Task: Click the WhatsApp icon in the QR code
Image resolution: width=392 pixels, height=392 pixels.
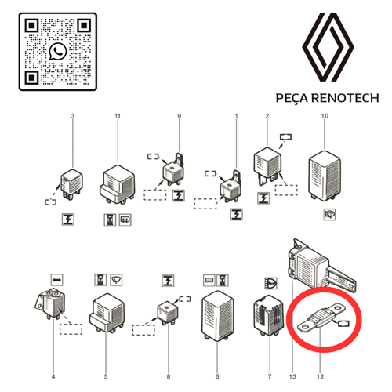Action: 58,52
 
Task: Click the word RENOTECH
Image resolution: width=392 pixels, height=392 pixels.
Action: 345,98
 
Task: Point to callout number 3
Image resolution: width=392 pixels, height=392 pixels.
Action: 73,116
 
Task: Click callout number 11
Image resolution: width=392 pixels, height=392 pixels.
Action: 118,116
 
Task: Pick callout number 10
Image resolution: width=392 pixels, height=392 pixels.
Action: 325,116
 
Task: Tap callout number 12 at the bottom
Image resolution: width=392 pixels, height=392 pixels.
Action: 320,376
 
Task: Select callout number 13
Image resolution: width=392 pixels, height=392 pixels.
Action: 292,376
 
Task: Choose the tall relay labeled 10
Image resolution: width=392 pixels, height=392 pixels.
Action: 325,176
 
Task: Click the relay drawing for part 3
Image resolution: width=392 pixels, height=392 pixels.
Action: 71,183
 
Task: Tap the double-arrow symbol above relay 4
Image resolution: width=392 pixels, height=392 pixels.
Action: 57,280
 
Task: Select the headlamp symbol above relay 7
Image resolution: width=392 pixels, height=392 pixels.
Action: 270,283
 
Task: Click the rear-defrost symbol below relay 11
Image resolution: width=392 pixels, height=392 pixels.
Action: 125,220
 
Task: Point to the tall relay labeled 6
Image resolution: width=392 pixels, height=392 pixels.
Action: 217,317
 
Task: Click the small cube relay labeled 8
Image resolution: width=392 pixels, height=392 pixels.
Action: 168,313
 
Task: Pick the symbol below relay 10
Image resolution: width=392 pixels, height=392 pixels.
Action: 329,215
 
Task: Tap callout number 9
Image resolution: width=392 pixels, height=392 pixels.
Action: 179,116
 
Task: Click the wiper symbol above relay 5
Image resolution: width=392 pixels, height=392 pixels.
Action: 116,280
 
